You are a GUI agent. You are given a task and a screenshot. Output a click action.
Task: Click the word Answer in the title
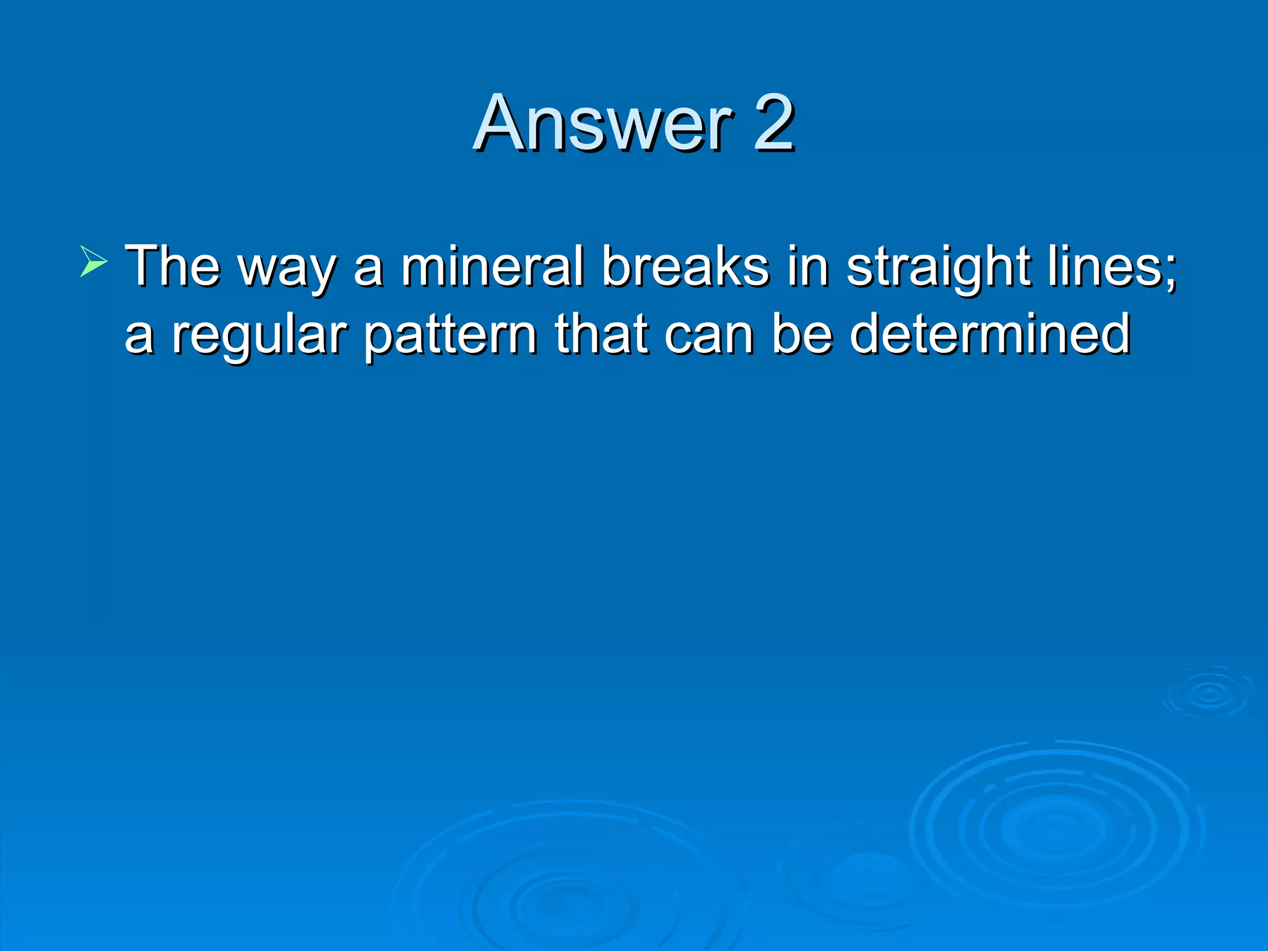pyautogui.click(x=604, y=123)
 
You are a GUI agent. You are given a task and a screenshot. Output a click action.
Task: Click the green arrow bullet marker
pyautogui.click(x=93, y=261)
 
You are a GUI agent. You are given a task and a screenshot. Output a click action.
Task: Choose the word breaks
pyautogui.click(x=685, y=266)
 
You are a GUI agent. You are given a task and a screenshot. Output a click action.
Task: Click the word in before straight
pyautogui.click(x=807, y=266)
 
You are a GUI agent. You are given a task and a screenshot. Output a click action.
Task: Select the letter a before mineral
pyautogui.click(x=368, y=271)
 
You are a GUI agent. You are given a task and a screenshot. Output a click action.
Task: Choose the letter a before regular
pyautogui.click(x=139, y=339)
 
